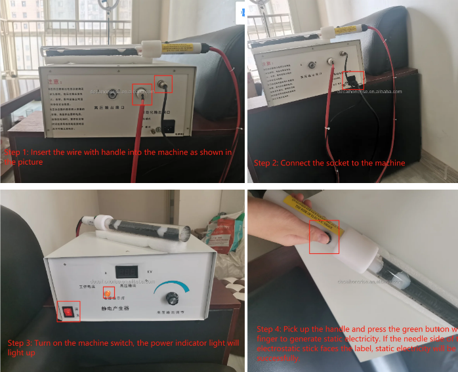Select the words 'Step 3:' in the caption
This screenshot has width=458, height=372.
tap(21, 343)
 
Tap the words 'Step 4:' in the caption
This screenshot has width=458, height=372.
tap(270, 329)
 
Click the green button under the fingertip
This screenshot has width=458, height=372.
tap(322, 236)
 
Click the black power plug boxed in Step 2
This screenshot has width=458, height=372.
tap(352, 80)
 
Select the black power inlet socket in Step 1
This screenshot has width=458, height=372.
tap(167, 127)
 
